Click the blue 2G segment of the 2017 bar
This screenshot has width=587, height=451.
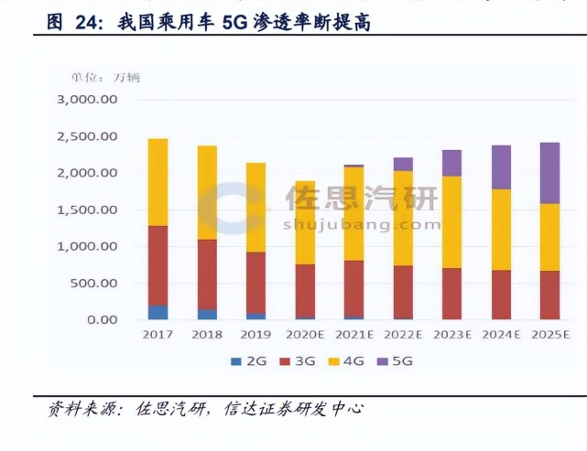pos(158,312)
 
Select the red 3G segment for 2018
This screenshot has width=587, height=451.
pos(207,274)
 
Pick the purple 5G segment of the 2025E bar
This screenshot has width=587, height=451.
pos(549,173)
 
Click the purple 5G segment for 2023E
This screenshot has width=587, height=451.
pos(451,163)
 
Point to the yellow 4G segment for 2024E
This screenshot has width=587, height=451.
pos(500,229)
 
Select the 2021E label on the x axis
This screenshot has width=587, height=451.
pos(353,335)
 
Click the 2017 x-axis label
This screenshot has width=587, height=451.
pos(158,335)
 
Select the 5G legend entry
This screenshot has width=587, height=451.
pos(395,361)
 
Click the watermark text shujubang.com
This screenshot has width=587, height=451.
pos(361,224)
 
